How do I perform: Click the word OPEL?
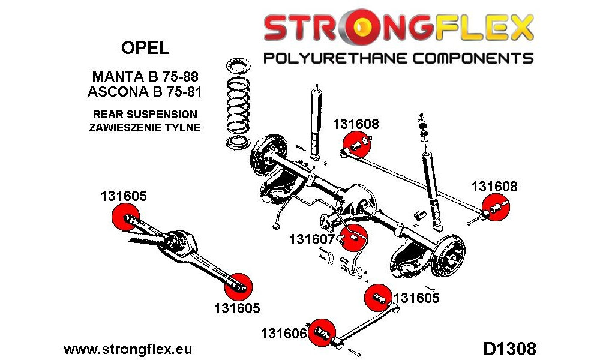145,48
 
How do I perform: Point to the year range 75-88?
180,77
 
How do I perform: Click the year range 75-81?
182,92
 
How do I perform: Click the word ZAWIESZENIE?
126,127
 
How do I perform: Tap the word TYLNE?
183,127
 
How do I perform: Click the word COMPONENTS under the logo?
473,59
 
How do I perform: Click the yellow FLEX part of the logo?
484,27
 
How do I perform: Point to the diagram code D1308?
509,349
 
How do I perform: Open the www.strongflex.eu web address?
128,349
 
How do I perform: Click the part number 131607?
312,239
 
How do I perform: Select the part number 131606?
284,334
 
